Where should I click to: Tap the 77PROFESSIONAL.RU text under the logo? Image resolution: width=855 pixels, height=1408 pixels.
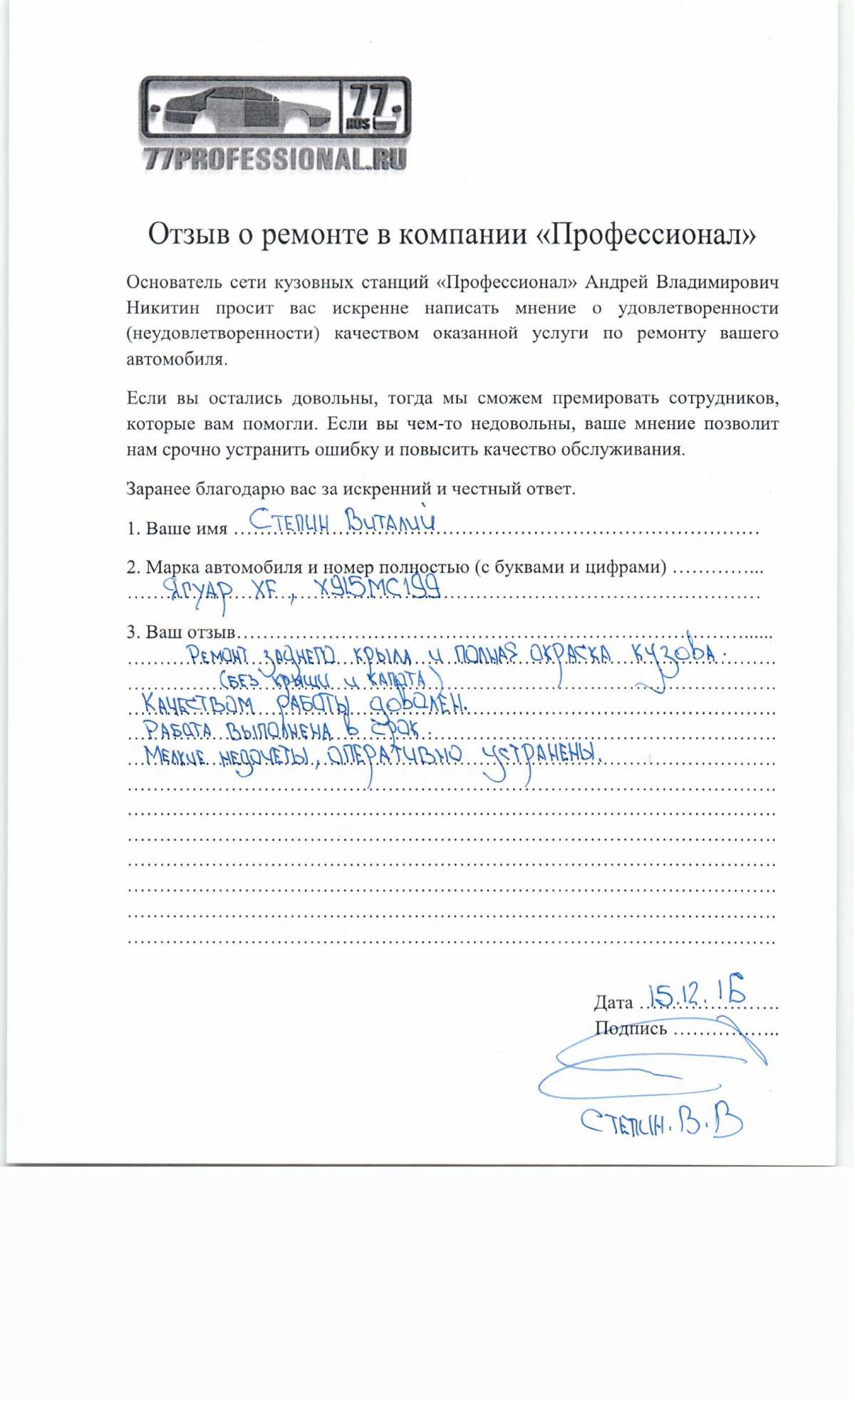coord(275,159)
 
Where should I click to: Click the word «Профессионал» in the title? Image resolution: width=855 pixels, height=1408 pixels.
coord(646,234)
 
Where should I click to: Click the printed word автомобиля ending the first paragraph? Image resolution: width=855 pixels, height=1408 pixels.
coord(177,359)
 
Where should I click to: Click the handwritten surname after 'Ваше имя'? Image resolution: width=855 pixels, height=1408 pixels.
coord(289,523)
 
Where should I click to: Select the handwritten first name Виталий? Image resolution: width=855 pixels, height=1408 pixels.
coord(389,520)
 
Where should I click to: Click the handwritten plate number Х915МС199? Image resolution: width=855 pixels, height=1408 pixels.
coord(378,589)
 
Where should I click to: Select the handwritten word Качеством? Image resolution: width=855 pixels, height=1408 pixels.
coord(197,704)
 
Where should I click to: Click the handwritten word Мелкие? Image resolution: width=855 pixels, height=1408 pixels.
coord(175,755)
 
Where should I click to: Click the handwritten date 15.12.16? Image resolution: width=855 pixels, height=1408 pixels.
coord(697,992)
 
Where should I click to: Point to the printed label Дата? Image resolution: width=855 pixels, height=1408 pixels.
coord(613,1003)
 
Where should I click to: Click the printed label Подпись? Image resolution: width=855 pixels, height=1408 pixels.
coord(631,1028)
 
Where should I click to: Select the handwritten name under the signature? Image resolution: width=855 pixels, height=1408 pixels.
coord(662,1124)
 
